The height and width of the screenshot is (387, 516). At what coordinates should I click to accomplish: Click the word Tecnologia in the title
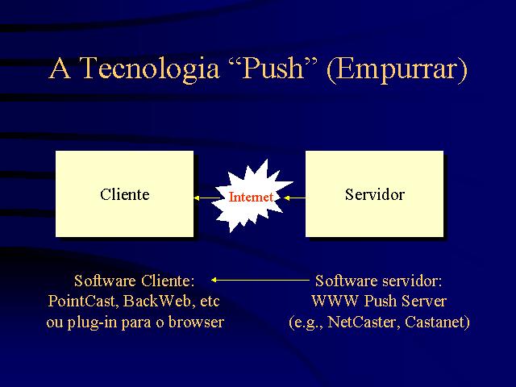pos(149,69)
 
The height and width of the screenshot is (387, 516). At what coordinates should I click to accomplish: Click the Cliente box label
pos(125,194)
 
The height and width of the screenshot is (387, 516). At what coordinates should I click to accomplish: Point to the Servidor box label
pos(374,194)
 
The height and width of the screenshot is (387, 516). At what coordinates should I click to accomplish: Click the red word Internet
pos(251,197)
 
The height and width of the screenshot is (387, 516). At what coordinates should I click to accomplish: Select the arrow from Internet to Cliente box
pos(206,198)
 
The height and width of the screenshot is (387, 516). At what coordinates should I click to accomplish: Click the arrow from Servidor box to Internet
pos(294,198)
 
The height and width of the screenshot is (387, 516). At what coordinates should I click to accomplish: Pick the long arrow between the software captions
pos(260,280)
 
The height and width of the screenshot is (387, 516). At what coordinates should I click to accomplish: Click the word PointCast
pos(81,301)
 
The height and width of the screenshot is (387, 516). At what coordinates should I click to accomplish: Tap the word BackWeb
pos(157,301)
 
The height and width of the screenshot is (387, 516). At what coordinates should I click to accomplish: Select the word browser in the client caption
pos(196,322)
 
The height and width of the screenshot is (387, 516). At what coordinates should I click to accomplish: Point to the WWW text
pos(335,301)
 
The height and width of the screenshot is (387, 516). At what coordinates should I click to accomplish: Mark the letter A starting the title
pos(60,68)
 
